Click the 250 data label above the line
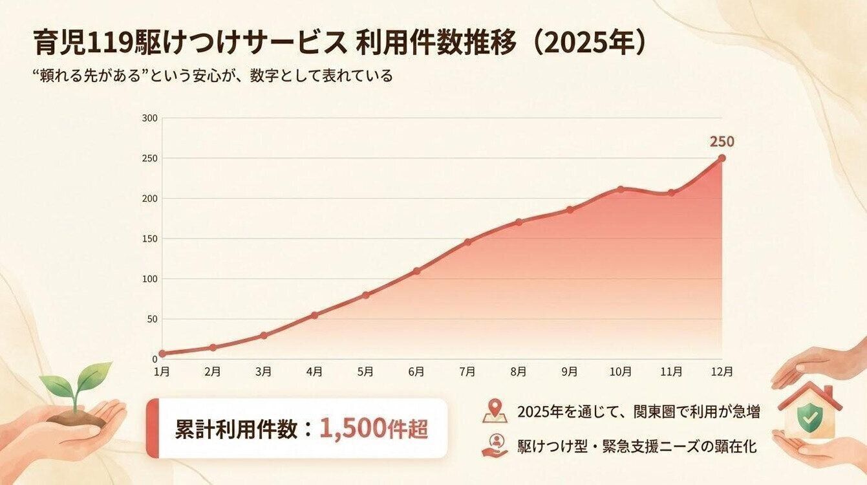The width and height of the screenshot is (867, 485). click(722, 142)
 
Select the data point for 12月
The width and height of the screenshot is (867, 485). click(722, 158)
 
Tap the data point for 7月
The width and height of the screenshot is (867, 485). click(467, 242)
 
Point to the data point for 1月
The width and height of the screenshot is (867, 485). click(162, 354)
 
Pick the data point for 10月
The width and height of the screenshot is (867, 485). click(620, 189)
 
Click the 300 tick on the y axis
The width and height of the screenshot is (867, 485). click(150, 118)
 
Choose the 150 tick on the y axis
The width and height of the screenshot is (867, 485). click(150, 239)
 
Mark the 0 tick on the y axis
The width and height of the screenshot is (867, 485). click(155, 359)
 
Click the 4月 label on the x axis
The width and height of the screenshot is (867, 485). click(314, 372)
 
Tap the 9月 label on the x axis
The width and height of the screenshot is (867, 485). click(570, 372)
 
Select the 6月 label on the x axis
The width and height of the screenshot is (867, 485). click(416, 372)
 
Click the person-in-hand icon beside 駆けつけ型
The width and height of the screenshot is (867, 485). click(495, 446)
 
